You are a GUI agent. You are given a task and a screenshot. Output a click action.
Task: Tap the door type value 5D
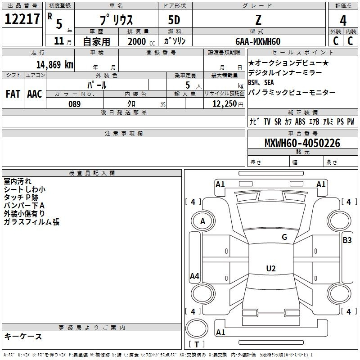[x=174, y=20]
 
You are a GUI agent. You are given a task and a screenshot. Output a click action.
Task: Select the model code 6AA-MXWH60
[x=258, y=41]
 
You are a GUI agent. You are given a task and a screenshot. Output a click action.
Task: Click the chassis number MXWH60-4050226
[x=302, y=143]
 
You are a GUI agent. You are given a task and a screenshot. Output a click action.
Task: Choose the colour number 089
[x=75, y=104]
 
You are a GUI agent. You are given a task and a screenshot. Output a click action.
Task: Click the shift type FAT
[x=13, y=94]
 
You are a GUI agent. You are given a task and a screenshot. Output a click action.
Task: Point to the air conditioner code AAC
[x=35, y=94]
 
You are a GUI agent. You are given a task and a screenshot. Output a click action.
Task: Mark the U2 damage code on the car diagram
[x=270, y=269]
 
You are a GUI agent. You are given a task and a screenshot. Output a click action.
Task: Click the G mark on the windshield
[x=284, y=237]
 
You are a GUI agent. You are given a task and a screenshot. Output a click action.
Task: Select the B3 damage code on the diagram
[x=347, y=240]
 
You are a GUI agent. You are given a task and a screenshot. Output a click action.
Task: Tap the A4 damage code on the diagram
[x=194, y=276]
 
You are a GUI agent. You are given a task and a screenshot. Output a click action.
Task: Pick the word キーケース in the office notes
[x=23, y=336]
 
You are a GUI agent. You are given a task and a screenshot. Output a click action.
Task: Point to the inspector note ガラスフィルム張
[x=31, y=222]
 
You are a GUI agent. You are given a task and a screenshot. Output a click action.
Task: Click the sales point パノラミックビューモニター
[x=292, y=92]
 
